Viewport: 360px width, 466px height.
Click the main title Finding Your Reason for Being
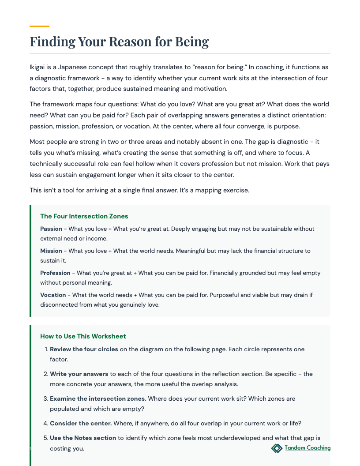point(119,42)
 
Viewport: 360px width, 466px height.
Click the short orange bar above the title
point(39,26)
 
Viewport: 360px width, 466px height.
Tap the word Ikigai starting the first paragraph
point(38,68)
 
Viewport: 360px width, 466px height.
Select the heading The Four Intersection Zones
point(84,216)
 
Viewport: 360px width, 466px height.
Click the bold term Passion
point(51,229)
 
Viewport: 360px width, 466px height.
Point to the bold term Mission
point(51,251)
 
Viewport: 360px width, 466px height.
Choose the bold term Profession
point(55,273)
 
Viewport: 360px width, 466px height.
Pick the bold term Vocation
point(53,295)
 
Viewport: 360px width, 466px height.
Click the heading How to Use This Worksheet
point(83,336)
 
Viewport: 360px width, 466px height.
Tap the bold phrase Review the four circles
point(84,349)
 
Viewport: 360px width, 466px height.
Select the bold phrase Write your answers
point(79,374)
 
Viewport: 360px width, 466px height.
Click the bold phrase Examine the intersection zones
point(98,399)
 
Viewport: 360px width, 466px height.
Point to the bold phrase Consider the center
point(81,424)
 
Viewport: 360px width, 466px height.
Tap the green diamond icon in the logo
point(277,448)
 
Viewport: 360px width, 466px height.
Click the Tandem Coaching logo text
point(307,448)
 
